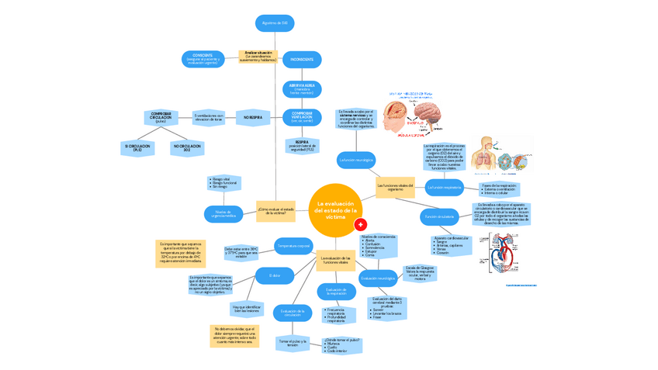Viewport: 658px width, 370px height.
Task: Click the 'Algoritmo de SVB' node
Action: point(275,23)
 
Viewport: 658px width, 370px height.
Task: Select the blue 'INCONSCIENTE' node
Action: point(302,59)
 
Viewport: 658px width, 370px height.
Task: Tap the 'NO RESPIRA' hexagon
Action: point(254,118)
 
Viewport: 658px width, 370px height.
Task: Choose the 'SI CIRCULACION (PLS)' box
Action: point(137,147)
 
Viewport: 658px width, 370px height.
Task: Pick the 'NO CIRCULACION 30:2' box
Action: point(187,147)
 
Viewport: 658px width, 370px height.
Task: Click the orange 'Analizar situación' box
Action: point(258,57)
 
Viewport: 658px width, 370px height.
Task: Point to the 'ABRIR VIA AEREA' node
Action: point(302,88)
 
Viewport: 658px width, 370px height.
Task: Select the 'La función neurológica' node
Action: point(356,161)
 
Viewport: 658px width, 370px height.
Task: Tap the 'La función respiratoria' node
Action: point(445,187)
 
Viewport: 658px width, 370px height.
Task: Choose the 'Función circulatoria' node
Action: point(439,216)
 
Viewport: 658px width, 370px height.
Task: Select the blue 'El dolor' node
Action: point(275,275)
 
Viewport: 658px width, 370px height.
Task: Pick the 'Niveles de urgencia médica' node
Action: point(224,213)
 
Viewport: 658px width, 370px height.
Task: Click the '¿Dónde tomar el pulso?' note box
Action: point(342,344)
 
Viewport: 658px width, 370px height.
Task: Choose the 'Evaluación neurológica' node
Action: point(378,278)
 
